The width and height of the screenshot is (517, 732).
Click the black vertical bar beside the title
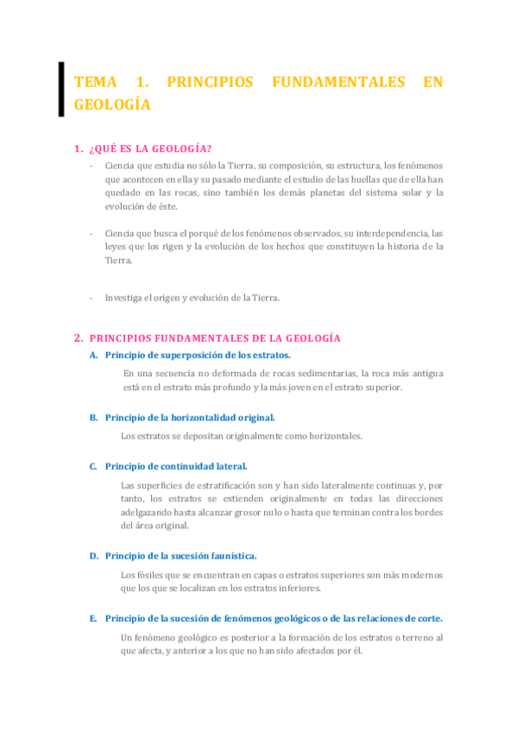61,89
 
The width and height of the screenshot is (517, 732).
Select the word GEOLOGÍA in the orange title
113,105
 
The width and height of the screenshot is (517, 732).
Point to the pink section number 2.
79,338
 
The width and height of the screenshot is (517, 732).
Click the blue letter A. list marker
93,355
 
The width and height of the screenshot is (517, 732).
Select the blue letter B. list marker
93,417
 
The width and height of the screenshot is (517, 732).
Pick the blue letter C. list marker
93,466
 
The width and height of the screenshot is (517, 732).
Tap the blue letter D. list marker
93,556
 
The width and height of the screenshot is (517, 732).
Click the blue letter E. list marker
93,618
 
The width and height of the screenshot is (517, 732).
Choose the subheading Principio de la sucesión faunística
180,556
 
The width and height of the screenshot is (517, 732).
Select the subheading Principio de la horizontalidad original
189,417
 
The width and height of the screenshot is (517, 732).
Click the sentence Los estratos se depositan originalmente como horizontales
242,436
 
